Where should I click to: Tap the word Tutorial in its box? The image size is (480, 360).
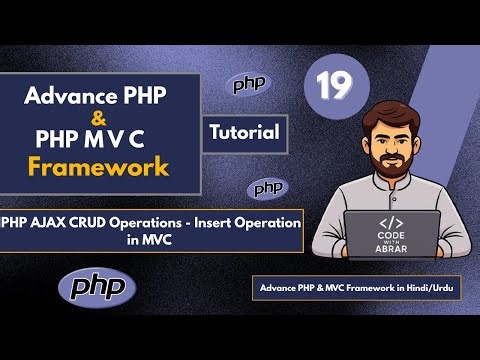click(247, 130)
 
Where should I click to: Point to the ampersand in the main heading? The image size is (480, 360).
click(98, 118)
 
